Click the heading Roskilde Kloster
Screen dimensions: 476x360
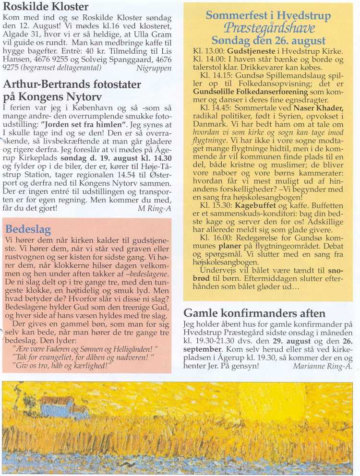pyautogui.click(x=46, y=7)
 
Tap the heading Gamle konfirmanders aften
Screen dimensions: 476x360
pyautogui.click(x=254, y=313)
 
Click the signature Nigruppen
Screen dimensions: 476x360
pyautogui.click(x=154, y=68)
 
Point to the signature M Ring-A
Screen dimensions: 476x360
pyautogui.click(x=155, y=208)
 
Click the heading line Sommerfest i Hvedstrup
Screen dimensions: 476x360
pyautogui.click(x=268, y=15)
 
